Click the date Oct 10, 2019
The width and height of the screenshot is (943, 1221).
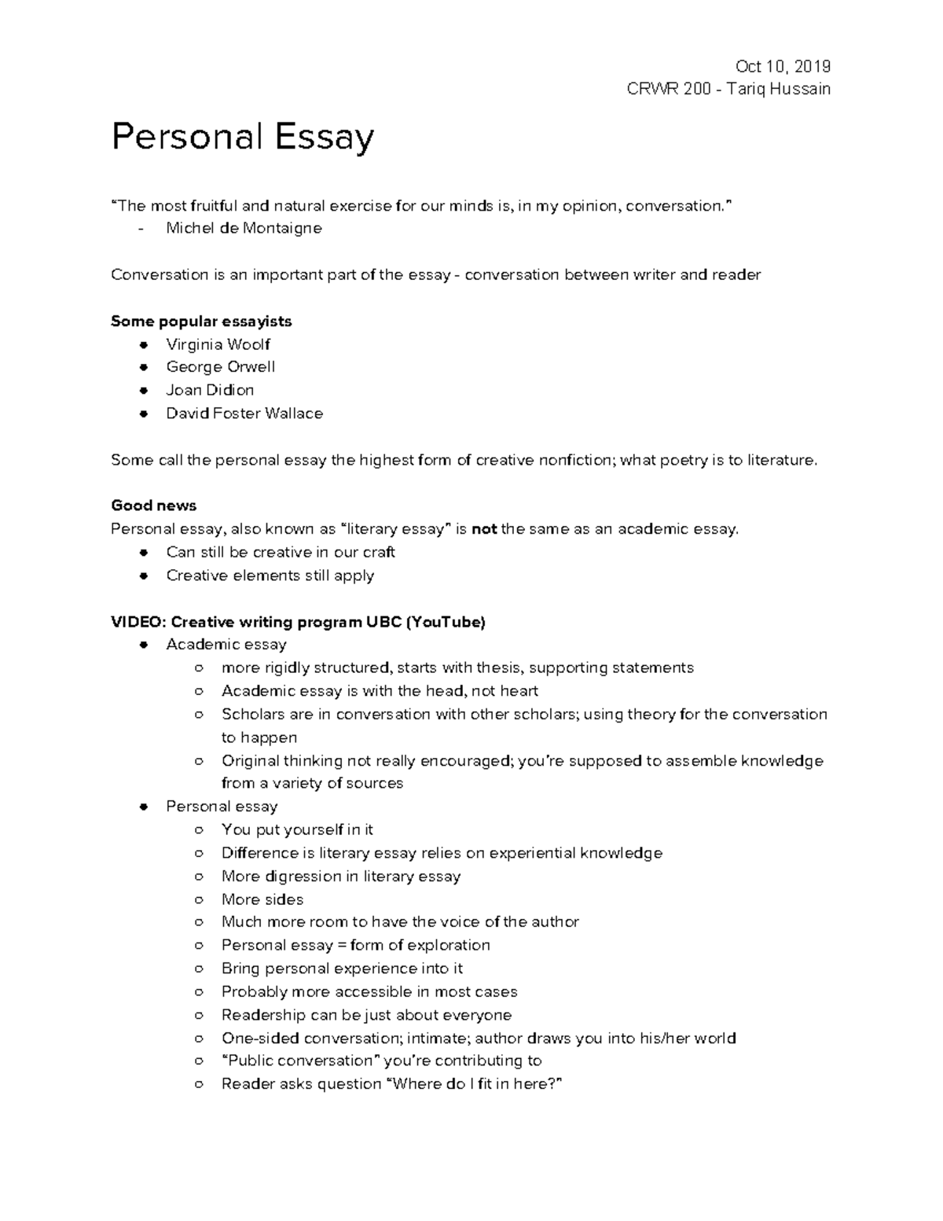pyautogui.click(x=782, y=66)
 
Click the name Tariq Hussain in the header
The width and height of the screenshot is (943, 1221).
pyautogui.click(x=778, y=89)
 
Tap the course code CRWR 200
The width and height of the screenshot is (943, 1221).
pyautogui.click(x=669, y=89)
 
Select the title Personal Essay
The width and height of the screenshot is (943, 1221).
pyautogui.click(x=242, y=138)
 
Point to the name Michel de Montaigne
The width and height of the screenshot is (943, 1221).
pyautogui.click(x=244, y=229)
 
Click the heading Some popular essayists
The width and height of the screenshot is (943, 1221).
pyautogui.click(x=201, y=321)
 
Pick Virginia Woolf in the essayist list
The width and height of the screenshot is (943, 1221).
pyautogui.click(x=218, y=344)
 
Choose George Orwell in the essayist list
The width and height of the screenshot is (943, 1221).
pyautogui.click(x=220, y=367)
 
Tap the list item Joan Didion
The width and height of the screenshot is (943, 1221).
pyautogui.click(x=210, y=390)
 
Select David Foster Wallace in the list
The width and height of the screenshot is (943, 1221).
pyautogui.click(x=244, y=414)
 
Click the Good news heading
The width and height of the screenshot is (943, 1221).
pyautogui.click(x=153, y=506)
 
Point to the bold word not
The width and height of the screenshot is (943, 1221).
pyautogui.click(x=484, y=529)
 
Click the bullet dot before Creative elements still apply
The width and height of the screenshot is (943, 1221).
pyautogui.click(x=143, y=576)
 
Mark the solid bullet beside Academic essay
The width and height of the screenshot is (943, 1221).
pyautogui.click(x=143, y=645)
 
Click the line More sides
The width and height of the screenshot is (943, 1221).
pyautogui.click(x=262, y=899)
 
